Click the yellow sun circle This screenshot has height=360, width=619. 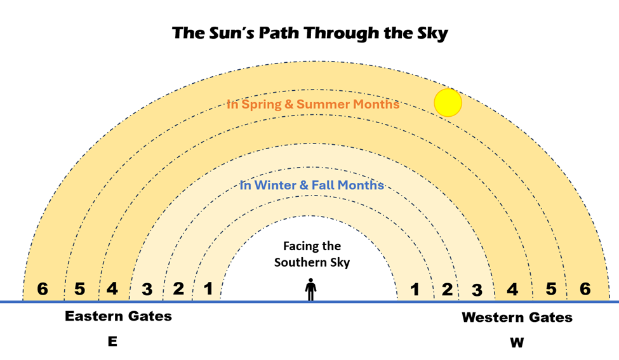point(448,103)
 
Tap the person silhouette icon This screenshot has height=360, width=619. point(310,290)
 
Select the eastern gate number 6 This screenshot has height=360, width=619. point(43,289)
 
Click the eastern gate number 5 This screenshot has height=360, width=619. point(80,289)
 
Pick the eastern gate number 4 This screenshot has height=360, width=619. point(112,288)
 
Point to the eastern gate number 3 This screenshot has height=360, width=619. point(147,290)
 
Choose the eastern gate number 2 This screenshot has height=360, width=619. point(178,288)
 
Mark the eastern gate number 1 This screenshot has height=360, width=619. point(208,288)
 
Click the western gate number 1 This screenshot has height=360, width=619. point(415,290)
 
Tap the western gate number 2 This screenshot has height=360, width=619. point(447,290)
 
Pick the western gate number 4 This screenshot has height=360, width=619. point(512,290)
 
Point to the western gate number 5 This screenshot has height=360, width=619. point(551,289)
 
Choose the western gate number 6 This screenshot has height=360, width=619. point(585,289)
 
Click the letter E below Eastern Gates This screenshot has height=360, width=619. point(112,342)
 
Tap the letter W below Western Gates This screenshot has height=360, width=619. point(517,342)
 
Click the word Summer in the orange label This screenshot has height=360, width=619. point(323,104)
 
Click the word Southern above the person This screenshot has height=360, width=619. point(298,262)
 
